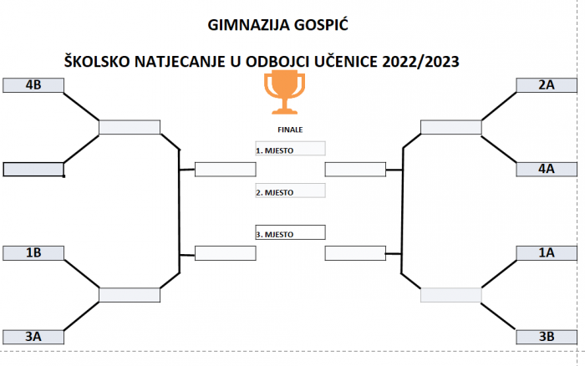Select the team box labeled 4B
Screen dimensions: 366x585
coord(34,85)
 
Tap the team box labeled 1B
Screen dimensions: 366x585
coord(34,252)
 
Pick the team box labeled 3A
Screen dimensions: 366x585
coord(34,337)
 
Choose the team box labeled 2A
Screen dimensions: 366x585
coord(547,85)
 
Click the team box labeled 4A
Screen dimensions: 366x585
coord(547,169)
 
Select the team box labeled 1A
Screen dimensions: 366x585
coord(547,252)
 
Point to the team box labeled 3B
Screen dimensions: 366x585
coord(547,337)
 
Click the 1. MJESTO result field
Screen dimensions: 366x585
coord(289,149)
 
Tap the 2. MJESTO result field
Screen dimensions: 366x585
coord(289,191)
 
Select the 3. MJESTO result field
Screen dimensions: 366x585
coord(289,233)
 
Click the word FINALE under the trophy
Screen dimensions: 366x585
coord(289,130)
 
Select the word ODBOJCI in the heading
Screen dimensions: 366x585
coord(288,61)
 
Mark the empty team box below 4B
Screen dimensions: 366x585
coord(34,170)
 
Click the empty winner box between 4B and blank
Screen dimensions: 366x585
coord(130,127)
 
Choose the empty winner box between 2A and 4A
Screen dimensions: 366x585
coord(451,127)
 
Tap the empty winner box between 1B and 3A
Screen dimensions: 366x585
coord(130,294)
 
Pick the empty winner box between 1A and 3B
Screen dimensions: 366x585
coord(451,294)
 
